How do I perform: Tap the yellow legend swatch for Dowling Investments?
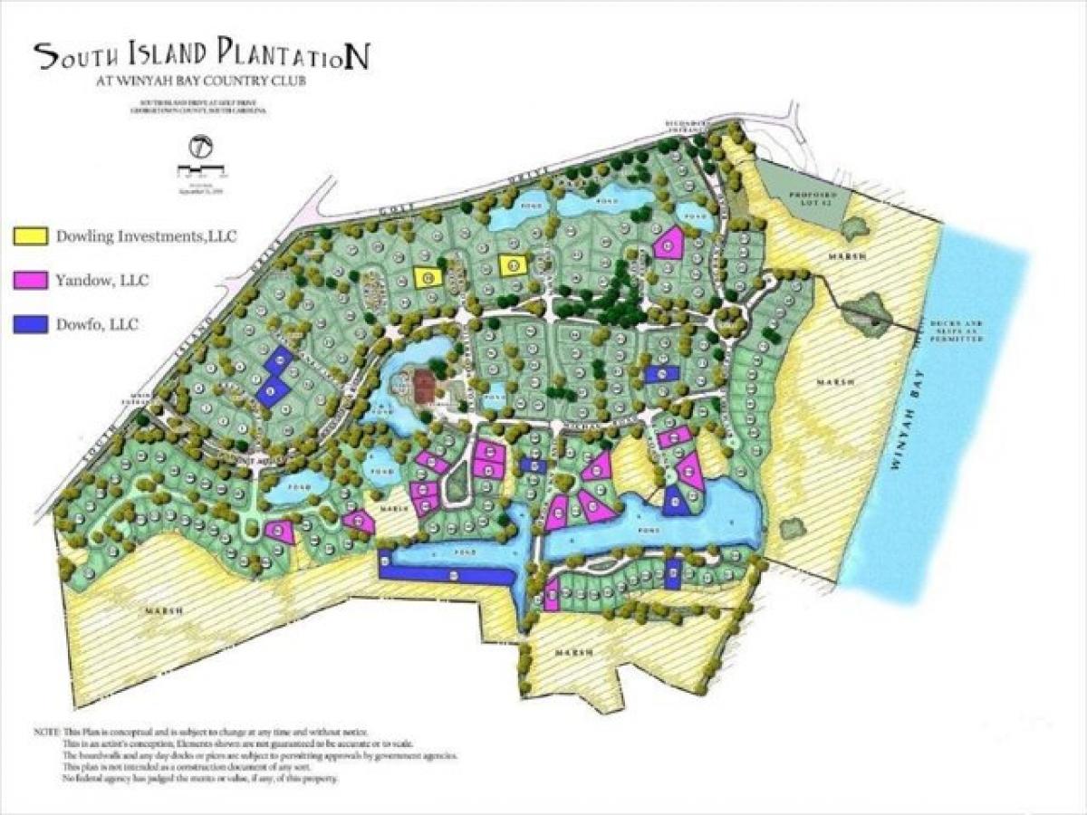[29, 237]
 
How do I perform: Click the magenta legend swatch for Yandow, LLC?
[29, 281]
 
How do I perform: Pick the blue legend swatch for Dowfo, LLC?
[29, 323]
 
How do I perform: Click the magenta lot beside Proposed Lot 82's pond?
[669, 244]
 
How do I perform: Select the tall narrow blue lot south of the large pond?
[672, 575]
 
